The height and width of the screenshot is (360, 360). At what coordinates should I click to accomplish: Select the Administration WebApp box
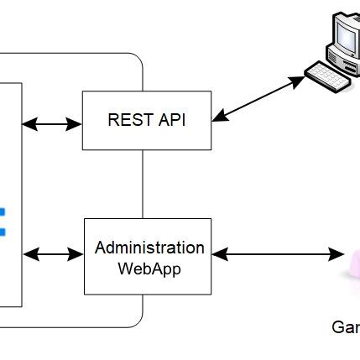pyautogui.click(x=148, y=256)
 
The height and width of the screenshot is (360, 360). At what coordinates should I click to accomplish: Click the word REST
pyautogui.click(x=126, y=120)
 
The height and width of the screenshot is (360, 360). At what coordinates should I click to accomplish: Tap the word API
pyautogui.click(x=170, y=120)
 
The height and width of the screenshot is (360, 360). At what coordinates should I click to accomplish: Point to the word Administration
pyautogui.click(x=149, y=248)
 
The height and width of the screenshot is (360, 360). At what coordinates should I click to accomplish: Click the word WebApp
pyautogui.click(x=149, y=269)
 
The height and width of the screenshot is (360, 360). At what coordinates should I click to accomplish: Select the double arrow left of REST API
pyautogui.click(x=52, y=124)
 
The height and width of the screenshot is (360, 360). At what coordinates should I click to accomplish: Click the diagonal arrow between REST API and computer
pyautogui.click(x=257, y=100)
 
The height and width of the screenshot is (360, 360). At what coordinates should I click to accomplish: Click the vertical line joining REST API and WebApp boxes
pyautogui.click(x=143, y=184)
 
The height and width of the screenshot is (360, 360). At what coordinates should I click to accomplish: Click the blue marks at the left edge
pyautogui.click(x=3, y=220)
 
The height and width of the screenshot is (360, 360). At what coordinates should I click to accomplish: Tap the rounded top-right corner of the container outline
pyautogui.click(x=135, y=60)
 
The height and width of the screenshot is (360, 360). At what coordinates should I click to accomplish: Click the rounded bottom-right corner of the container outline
pyautogui.click(x=135, y=320)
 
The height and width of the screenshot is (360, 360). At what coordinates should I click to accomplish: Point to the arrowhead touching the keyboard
pyautogui.click(x=297, y=81)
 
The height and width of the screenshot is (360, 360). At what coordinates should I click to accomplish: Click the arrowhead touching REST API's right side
pyautogui.click(x=218, y=118)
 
